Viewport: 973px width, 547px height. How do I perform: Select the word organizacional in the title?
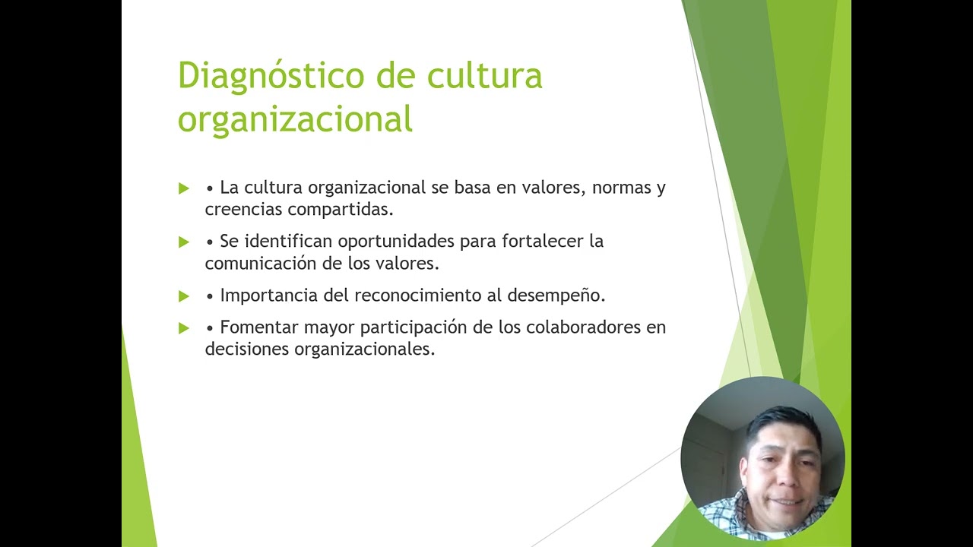click(x=295, y=119)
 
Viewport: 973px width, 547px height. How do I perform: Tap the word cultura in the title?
click(x=484, y=76)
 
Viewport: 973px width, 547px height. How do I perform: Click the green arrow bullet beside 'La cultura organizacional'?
click(x=183, y=188)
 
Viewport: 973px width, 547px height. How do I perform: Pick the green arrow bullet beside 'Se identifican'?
click(x=183, y=242)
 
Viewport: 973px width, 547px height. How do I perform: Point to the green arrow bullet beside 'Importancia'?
click(x=183, y=296)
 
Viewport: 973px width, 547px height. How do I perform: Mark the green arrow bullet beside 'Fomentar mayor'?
click(x=183, y=328)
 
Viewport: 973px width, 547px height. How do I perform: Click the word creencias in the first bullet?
click(x=243, y=210)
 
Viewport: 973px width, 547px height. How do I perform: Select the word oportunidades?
click(x=396, y=242)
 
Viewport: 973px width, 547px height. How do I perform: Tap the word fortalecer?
click(x=542, y=242)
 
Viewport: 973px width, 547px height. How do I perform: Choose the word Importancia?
click(x=264, y=296)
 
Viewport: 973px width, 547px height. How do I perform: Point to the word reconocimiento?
click(x=417, y=295)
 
